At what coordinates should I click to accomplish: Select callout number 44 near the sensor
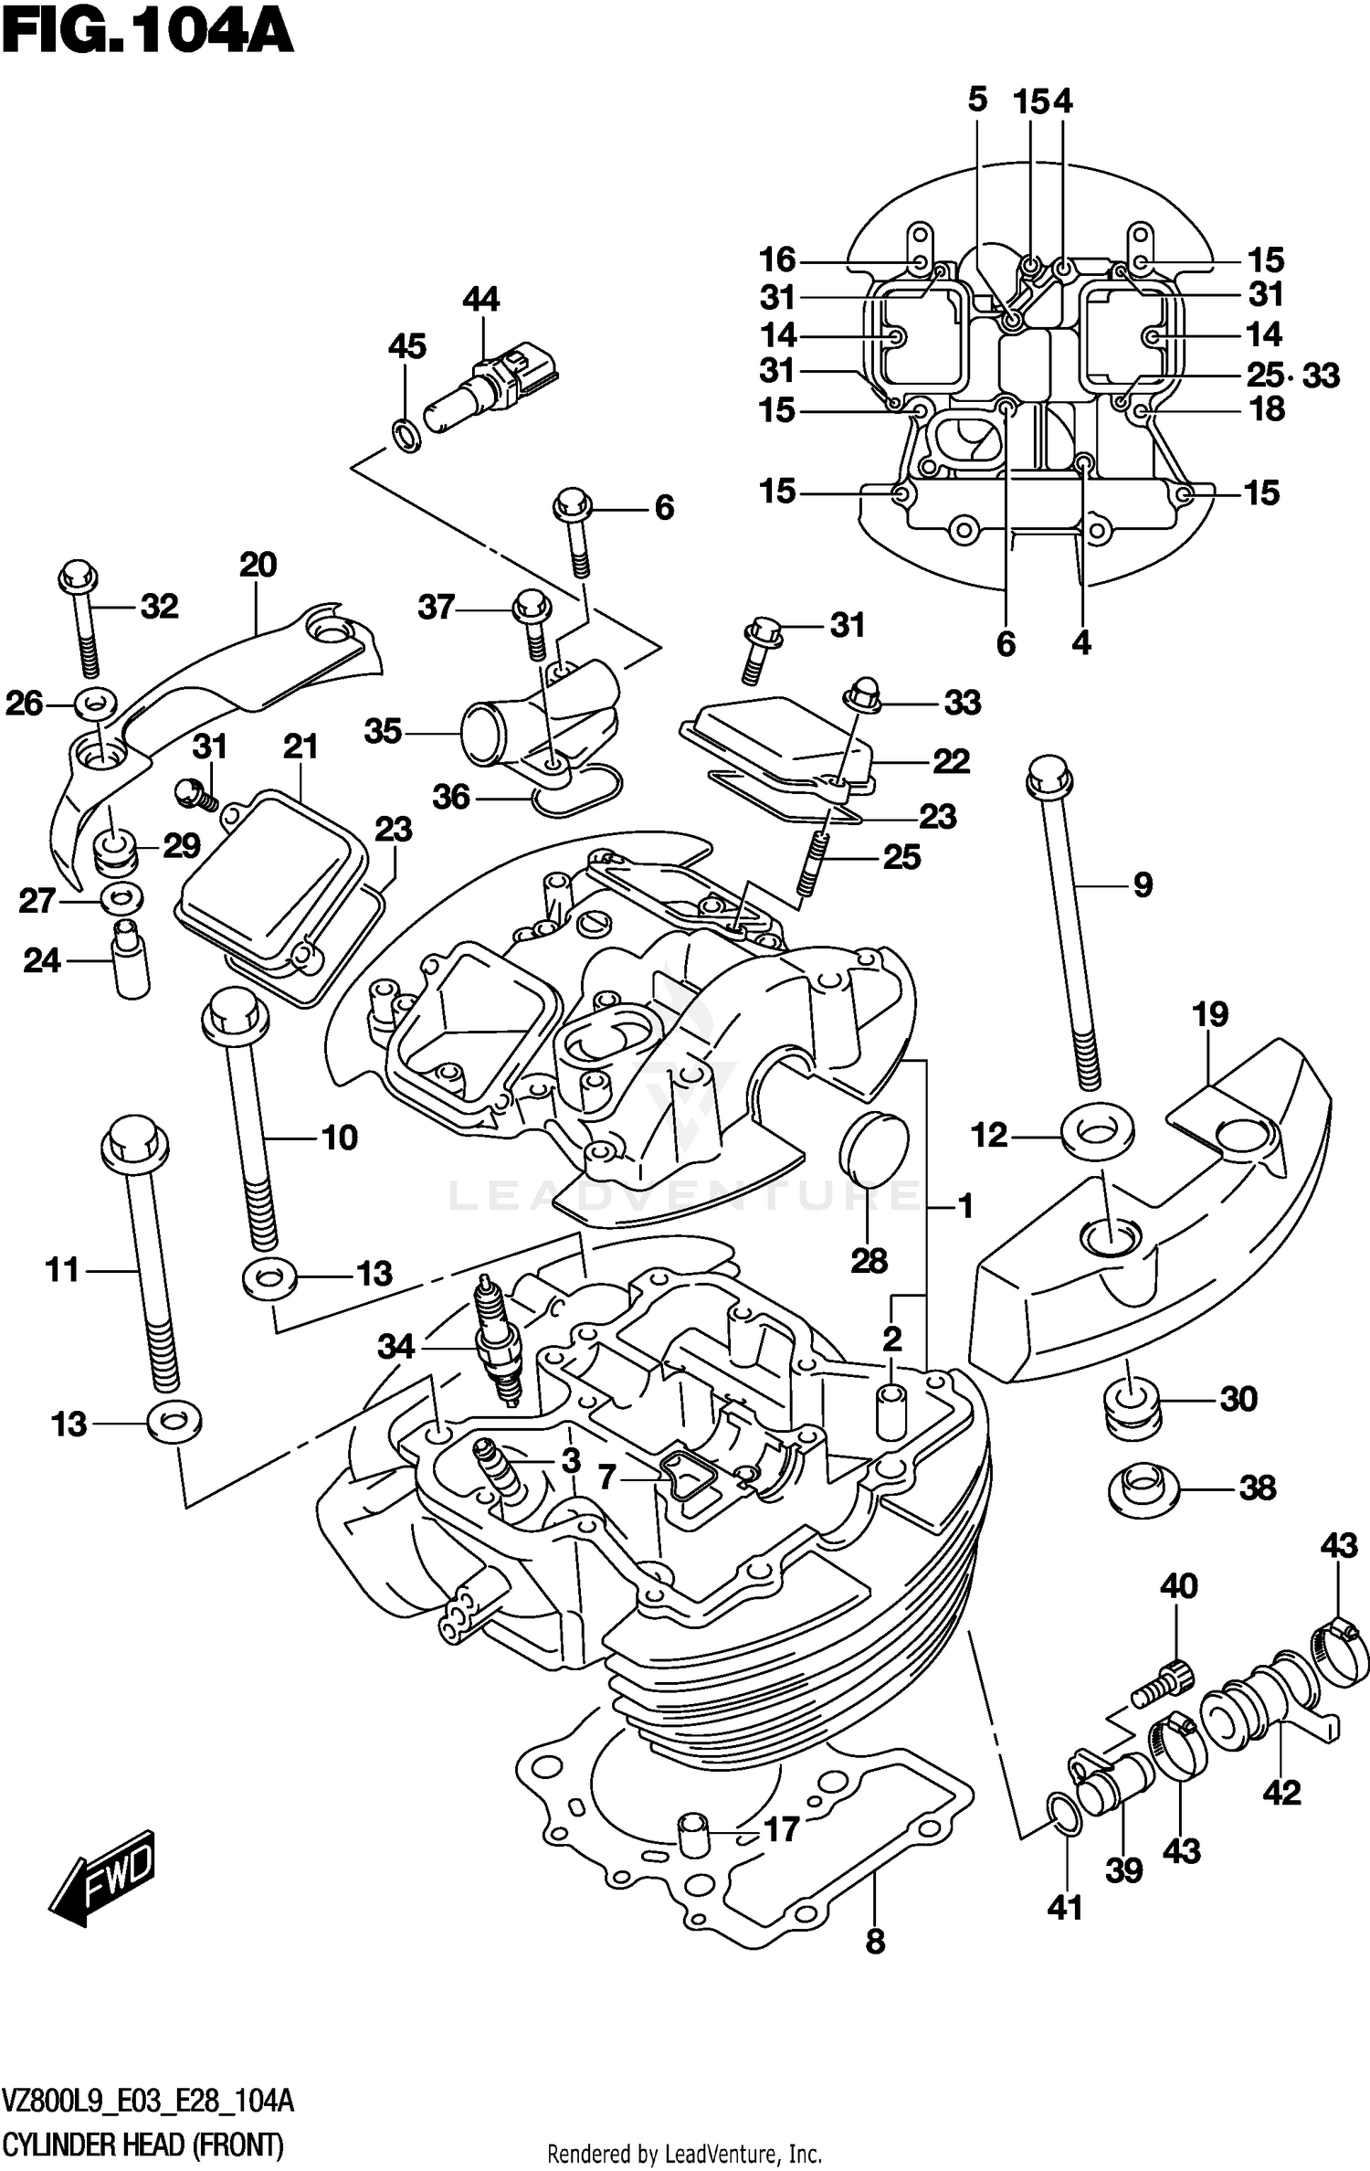coord(480,300)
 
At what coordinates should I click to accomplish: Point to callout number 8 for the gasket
coord(874,1942)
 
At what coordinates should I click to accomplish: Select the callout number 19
coord(1209,1014)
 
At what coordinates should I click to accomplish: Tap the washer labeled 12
coord(1097,1133)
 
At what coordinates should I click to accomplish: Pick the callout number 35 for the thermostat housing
coord(383,731)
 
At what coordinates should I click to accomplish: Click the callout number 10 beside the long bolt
coord(340,1138)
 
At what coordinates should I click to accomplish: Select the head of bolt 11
coord(134,1142)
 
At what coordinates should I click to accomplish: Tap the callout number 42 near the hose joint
coord(1280,1793)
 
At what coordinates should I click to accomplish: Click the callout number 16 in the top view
coord(777,260)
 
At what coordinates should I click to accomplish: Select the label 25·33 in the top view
coord(1292,376)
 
